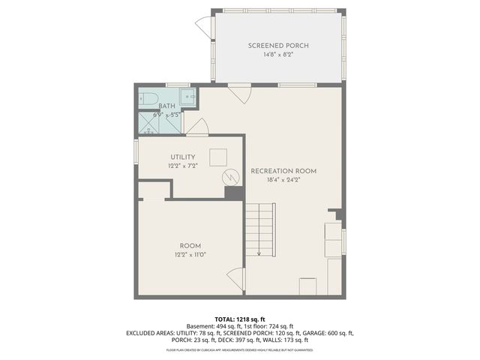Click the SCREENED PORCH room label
coord(278,46)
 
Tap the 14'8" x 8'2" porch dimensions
coord(278,55)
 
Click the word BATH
coord(166,106)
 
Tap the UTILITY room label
coord(183,157)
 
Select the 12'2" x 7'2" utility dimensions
coord(183,166)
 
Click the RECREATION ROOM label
coord(283,171)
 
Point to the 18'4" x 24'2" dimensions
coord(283,180)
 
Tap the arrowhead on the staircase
coord(259,254)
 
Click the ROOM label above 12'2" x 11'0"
coord(190,246)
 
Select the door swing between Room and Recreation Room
coord(237,280)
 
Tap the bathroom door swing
coord(197,127)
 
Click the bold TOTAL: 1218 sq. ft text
coord(240,319)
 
